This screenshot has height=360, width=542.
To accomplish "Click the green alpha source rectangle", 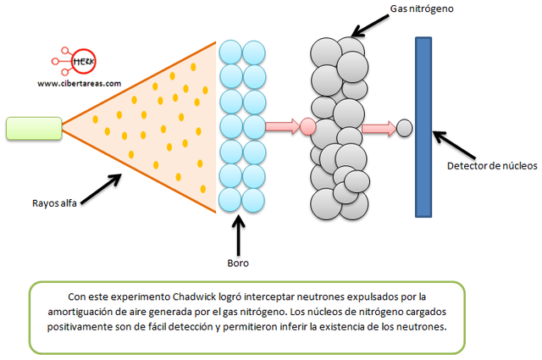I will [x=32, y=128].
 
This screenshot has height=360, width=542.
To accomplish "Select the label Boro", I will [x=238, y=263].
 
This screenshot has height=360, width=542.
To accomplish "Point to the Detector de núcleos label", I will [x=491, y=165].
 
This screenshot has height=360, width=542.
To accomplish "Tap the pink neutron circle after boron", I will [x=308, y=128].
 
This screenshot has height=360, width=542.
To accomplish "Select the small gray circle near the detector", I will [x=405, y=128].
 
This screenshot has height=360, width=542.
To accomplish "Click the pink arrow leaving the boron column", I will [x=282, y=128].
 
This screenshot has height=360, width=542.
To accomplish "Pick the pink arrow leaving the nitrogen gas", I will [x=378, y=128].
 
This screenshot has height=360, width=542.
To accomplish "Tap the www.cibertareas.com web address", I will [x=78, y=83].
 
